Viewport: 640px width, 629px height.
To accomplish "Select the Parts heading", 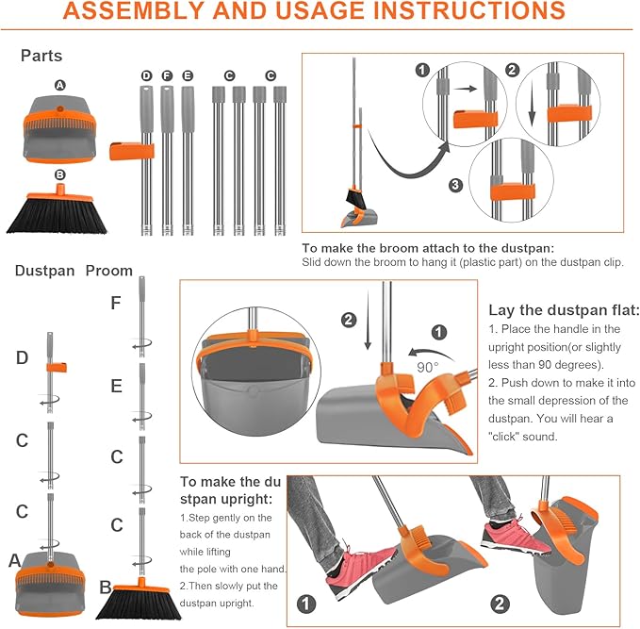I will point(42,56).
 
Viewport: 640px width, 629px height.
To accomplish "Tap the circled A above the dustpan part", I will point(60,85).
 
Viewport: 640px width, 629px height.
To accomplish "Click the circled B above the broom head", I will point(60,174).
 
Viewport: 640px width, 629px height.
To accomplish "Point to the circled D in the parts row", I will point(146,75).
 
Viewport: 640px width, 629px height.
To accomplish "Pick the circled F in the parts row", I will point(167,75).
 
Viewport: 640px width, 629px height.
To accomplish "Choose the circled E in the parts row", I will point(188,75).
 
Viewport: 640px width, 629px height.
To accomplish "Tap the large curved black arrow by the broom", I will point(396,160).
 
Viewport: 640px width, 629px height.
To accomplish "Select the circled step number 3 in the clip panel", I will point(456,186).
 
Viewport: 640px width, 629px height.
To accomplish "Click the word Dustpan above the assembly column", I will point(44,271).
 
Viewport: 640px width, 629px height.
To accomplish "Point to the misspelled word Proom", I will point(109,271).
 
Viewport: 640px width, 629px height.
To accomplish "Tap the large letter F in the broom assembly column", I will point(115,304).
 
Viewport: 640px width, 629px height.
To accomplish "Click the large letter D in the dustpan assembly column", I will point(22,357).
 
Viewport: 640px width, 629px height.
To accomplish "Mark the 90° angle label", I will point(429,365).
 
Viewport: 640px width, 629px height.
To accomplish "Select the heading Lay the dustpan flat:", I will point(564,310).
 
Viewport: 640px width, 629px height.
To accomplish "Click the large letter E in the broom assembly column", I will point(116,386).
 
